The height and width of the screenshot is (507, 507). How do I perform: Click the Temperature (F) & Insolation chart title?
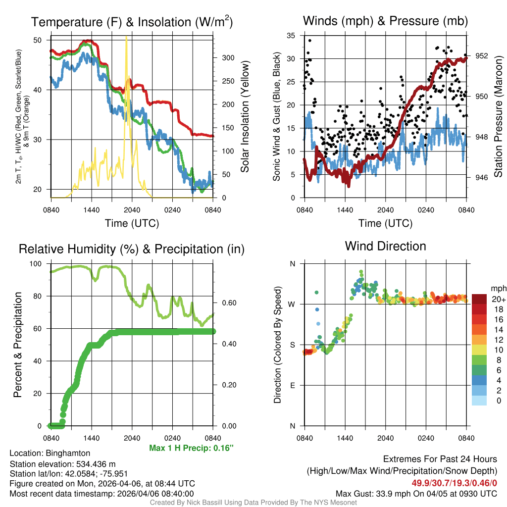click(132, 22)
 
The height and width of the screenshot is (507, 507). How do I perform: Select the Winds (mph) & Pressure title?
click(385, 21)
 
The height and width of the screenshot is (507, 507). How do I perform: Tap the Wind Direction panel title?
click(385, 246)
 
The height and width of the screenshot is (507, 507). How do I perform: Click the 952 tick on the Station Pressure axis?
click(481, 56)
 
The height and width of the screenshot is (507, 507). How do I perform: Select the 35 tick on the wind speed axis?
click(292, 36)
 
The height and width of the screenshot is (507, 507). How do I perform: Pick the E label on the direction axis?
click(293, 386)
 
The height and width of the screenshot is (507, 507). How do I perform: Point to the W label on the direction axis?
click(292, 304)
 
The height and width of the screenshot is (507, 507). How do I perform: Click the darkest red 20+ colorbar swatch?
click(479, 299)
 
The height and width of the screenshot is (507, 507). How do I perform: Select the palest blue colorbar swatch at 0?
click(479, 400)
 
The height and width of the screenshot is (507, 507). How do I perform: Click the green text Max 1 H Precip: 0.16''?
click(191, 448)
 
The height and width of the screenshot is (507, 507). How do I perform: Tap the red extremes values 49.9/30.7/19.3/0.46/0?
click(454, 483)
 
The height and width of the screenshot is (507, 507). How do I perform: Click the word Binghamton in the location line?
click(68, 453)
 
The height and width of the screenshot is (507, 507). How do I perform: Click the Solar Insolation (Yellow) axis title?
click(245, 117)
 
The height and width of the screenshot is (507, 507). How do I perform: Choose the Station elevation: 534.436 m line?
click(62, 464)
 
